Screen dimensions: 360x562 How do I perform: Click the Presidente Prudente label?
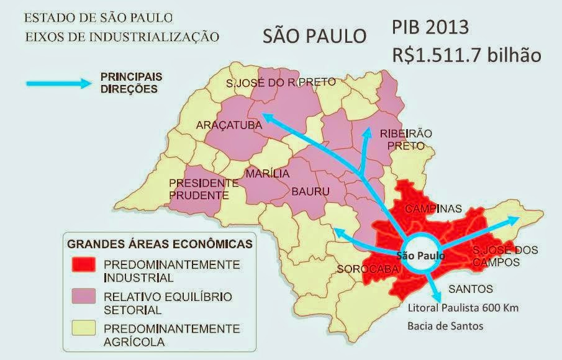204,189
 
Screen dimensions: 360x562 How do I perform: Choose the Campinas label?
433,209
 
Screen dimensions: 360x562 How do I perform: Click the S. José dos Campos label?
504,256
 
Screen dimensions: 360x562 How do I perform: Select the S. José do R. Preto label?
281,82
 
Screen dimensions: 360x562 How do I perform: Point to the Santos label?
470,289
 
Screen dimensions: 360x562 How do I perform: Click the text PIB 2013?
439,28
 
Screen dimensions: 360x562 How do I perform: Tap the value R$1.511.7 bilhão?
466,55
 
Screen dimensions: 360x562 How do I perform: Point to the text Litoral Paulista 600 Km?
463,307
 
